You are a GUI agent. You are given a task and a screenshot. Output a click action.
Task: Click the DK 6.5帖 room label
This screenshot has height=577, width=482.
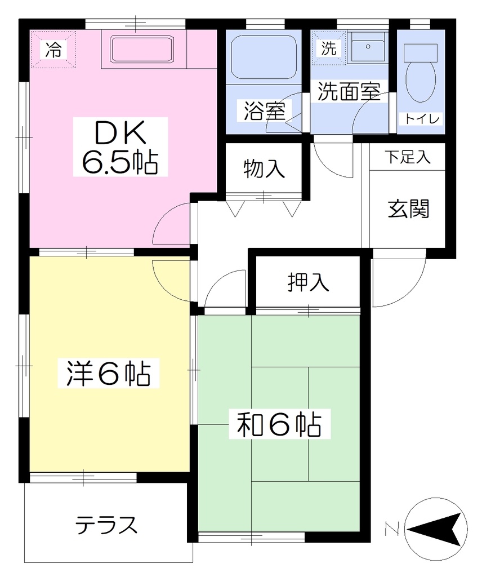[x=120, y=147]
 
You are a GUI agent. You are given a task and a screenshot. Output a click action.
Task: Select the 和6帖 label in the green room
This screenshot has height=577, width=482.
[x=279, y=424]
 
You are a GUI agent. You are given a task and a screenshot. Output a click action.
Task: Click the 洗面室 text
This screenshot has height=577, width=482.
[x=349, y=91]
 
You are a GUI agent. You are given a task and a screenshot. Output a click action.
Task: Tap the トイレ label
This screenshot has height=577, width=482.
[x=422, y=119]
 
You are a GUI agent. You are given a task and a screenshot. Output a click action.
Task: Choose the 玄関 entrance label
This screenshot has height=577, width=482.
[x=408, y=208]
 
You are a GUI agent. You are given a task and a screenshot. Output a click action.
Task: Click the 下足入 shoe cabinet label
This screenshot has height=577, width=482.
[x=407, y=157]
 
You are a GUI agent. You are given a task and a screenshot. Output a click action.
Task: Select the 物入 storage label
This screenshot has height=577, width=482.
[x=264, y=169]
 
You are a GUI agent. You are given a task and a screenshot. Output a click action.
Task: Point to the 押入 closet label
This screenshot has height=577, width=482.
[x=308, y=282]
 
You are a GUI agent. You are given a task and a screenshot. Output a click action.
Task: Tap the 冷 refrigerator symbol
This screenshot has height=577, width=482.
[x=53, y=50]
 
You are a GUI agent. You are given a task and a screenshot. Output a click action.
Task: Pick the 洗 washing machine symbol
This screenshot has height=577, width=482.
[x=328, y=48]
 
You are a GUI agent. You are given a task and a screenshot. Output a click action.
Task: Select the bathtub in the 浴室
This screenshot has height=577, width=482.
[x=264, y=57]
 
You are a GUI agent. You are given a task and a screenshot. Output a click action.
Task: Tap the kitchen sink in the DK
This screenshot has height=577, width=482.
[x=142, y=49]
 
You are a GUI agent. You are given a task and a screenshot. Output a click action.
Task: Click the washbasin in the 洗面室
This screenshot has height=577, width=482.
[x=367, y=47]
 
